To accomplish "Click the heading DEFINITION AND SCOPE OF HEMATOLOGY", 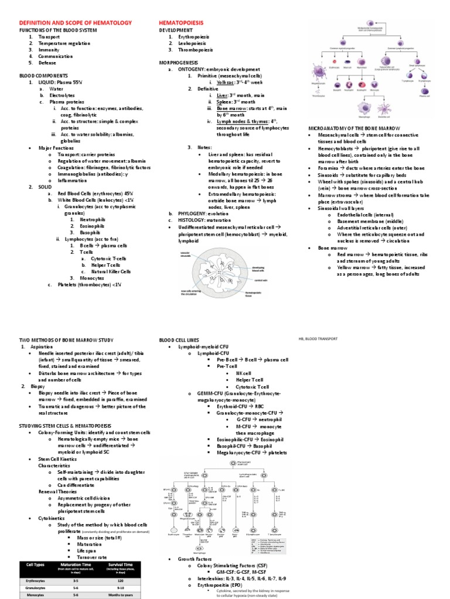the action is [76, 22].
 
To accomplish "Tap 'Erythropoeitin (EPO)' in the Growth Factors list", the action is [223, 578].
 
